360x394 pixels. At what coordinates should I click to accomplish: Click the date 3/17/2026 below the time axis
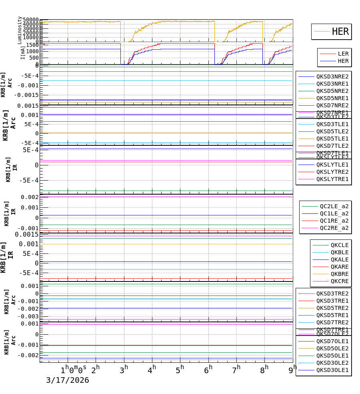(67, 380)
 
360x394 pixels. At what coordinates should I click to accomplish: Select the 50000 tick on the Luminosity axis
(31, 20)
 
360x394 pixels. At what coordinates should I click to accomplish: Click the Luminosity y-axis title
(20, 30)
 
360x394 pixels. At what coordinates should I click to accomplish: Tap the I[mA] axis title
(23, 52)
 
